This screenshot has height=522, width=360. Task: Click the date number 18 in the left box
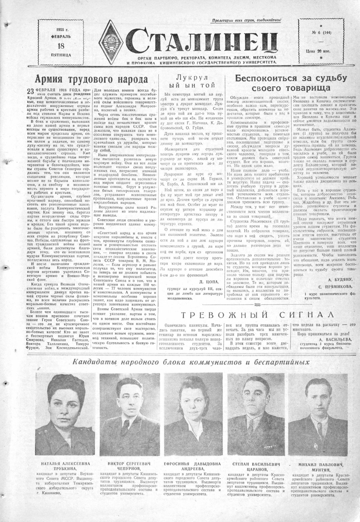tap(61, 46)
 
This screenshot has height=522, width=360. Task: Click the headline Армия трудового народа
tap(91, 80)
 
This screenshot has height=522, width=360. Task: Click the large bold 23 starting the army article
tap(31, 91)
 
